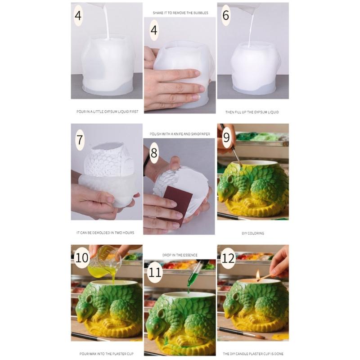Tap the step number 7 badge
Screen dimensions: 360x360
coord(80,139)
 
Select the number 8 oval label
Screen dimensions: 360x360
coord(154,153)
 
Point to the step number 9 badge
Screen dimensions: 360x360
coord(226,135)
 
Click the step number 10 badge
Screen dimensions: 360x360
coord(82,258)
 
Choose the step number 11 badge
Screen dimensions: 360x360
coord(154,272)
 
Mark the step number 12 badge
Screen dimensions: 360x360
coord(228,258)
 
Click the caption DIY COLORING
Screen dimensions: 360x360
coord(252,233)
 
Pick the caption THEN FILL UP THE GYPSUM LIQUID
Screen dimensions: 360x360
coord(252,112)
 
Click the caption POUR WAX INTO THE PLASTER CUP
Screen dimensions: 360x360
coord(106,354)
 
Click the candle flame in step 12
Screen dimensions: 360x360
coord(258,274)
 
